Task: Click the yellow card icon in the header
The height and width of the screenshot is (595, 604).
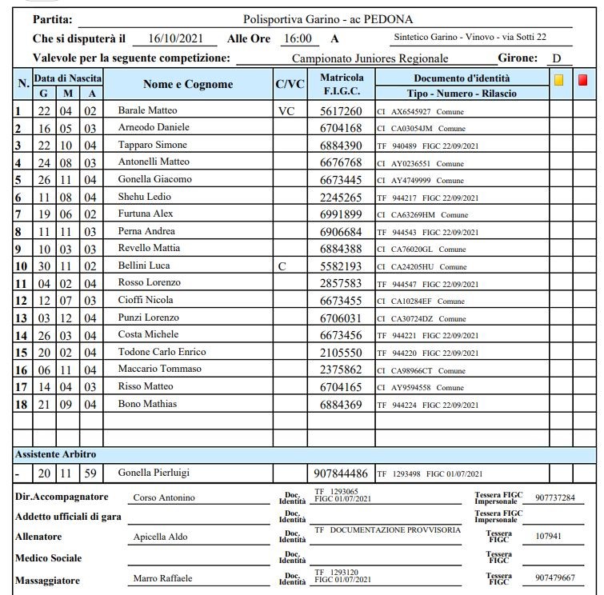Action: (x=559, y=79)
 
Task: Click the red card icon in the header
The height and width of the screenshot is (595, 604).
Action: (x=582, y=79)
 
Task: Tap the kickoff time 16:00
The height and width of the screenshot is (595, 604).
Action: (x=298, y=38)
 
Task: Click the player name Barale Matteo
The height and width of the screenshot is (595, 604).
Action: (x=147, y=110)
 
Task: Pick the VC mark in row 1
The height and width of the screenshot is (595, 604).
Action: (x=286, y=110)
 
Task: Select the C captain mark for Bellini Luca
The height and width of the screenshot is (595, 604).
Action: (x=282, y=266)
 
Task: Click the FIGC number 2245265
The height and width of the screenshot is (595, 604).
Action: (x=341, y=197)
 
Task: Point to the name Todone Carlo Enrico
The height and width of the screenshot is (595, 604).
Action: (x=162, y=352)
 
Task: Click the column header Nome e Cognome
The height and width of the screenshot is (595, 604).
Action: (x=188, y=84)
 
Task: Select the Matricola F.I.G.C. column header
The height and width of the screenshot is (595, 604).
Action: (x=341, y=84)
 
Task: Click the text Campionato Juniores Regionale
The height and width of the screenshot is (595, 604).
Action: (x=370, y=58)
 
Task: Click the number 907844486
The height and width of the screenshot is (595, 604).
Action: (x=341, y=473)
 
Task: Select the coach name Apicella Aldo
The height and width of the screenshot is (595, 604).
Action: (x=159, y=537)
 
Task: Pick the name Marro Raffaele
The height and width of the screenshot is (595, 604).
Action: (x=162, y=578)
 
